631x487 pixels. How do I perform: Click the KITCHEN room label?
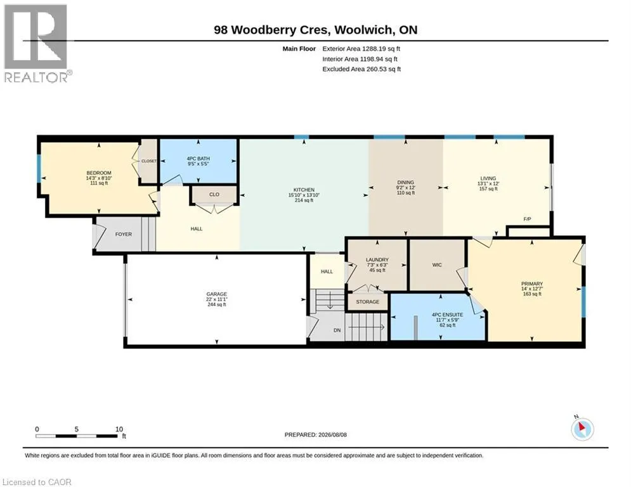click(304, 190)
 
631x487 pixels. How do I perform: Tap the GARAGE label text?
click(216, 294)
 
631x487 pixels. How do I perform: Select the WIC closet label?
click(437, 265)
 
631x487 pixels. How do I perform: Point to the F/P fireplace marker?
click(527, 219)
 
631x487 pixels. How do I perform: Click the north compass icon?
click(582, 429)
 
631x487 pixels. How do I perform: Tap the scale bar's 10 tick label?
click(119, 429)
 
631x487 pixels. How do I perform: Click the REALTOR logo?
click(36, 43)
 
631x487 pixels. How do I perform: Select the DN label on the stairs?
click(337, 330)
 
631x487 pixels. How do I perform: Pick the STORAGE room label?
click(367, 301)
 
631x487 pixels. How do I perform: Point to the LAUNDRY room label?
click(377, 260)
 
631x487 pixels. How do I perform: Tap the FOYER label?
click(124, 234)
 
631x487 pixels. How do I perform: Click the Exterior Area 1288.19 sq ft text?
click(361, 49)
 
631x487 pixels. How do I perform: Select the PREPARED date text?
click(316, 434)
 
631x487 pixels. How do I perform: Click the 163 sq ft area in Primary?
click(532, 294)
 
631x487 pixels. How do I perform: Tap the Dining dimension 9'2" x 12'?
click(406, 188)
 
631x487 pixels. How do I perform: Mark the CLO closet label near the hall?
click(214, 195)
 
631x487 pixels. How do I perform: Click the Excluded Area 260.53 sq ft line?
click(361, 69)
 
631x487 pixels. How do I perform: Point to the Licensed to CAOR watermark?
click(37, 482)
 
